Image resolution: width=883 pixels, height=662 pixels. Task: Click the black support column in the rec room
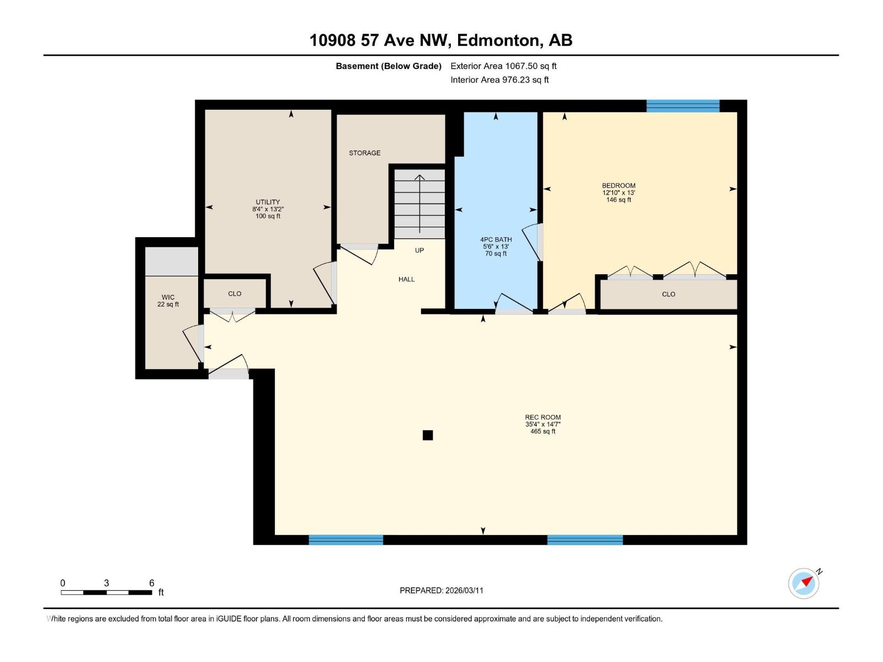click(428, 435)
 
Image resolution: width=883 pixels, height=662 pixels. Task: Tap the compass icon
click(804, 583)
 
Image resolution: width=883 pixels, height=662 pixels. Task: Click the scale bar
click(107, 592)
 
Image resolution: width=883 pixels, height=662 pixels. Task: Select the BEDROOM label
click(618, 186)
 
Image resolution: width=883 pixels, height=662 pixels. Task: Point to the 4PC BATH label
click(496, 239)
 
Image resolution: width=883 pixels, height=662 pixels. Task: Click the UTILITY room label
click(268, 202)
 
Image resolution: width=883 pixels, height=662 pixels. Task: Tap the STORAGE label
click(364, 153)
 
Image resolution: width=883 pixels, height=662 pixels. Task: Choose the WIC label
click(168, 297)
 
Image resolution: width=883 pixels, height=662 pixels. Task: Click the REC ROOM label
click(542, 418)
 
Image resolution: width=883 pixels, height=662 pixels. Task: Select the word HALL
click(406, 279)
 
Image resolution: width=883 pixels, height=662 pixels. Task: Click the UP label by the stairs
click(419, 250)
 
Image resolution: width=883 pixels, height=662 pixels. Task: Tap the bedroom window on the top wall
click(683, 106)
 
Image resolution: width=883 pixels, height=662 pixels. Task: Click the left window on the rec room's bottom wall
click(345, 540)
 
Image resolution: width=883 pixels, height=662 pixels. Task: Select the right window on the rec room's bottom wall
click(585, 540)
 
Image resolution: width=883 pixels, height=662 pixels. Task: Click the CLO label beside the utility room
click(235, 294)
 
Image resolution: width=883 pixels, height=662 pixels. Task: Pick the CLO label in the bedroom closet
click(668, 295)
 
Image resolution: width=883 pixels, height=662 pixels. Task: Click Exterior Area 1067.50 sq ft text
click(503, 66)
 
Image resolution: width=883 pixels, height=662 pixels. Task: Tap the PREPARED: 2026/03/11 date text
click(441, 590)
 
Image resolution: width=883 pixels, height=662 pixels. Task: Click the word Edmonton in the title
click(498, 40)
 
